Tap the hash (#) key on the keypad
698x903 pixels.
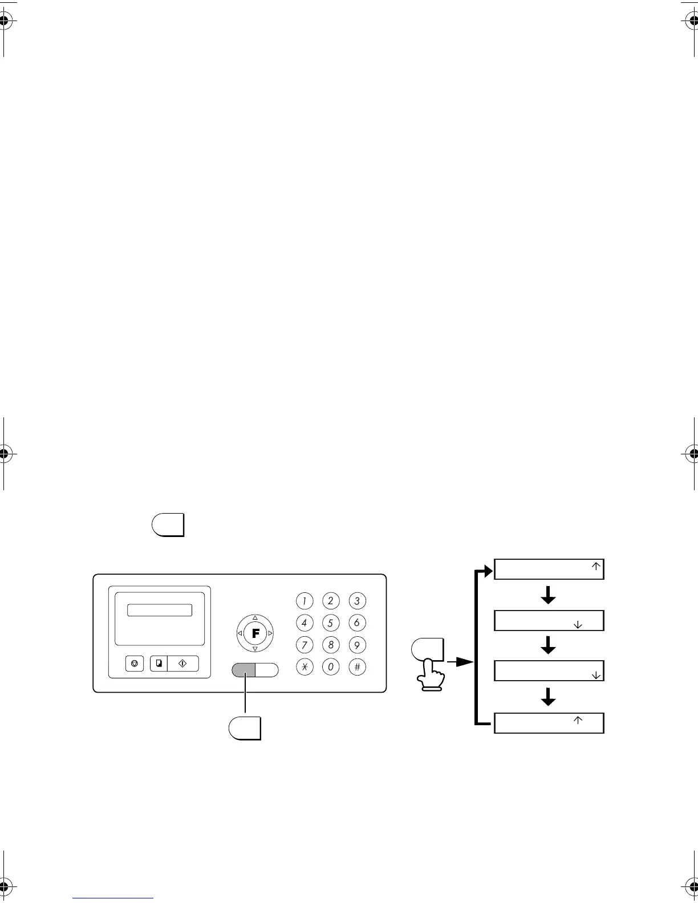click(x=357, y=667)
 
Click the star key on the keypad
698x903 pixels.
click(x=305, y=667)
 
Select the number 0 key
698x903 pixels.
click(x=331, y=667)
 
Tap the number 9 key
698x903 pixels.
click(x=357, y=645)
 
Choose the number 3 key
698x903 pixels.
click(x=357, y=601)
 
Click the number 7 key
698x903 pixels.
click(x=305, y=645)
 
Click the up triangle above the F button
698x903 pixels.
click(x=255, y=618)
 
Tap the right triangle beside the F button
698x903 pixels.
click(x=270, y=633)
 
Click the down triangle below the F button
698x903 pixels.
click(x=255, y=648)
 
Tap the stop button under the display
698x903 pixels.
click(x=134, y=664)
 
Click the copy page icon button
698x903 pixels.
click(x=159, y=664)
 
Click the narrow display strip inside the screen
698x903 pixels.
click(x=160, y=610)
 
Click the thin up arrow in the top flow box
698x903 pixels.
click(x=595, y=567)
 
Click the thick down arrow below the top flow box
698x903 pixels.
click(x=548, y=595)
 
